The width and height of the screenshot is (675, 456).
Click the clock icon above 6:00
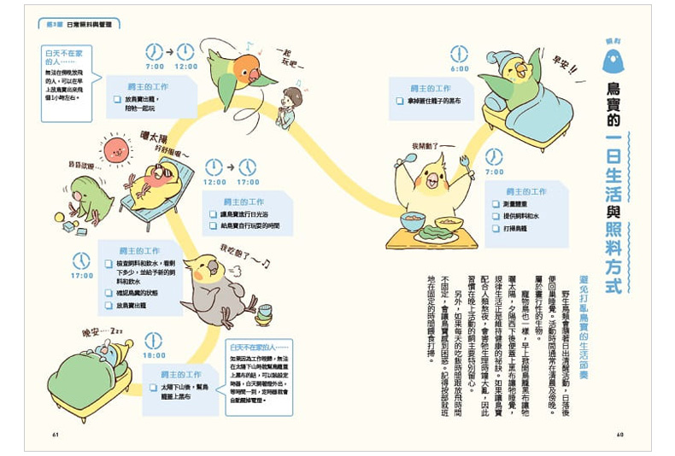(460, 54)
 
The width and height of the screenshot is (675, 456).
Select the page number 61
(56, 434)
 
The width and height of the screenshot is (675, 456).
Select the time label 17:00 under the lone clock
(82, 276)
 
